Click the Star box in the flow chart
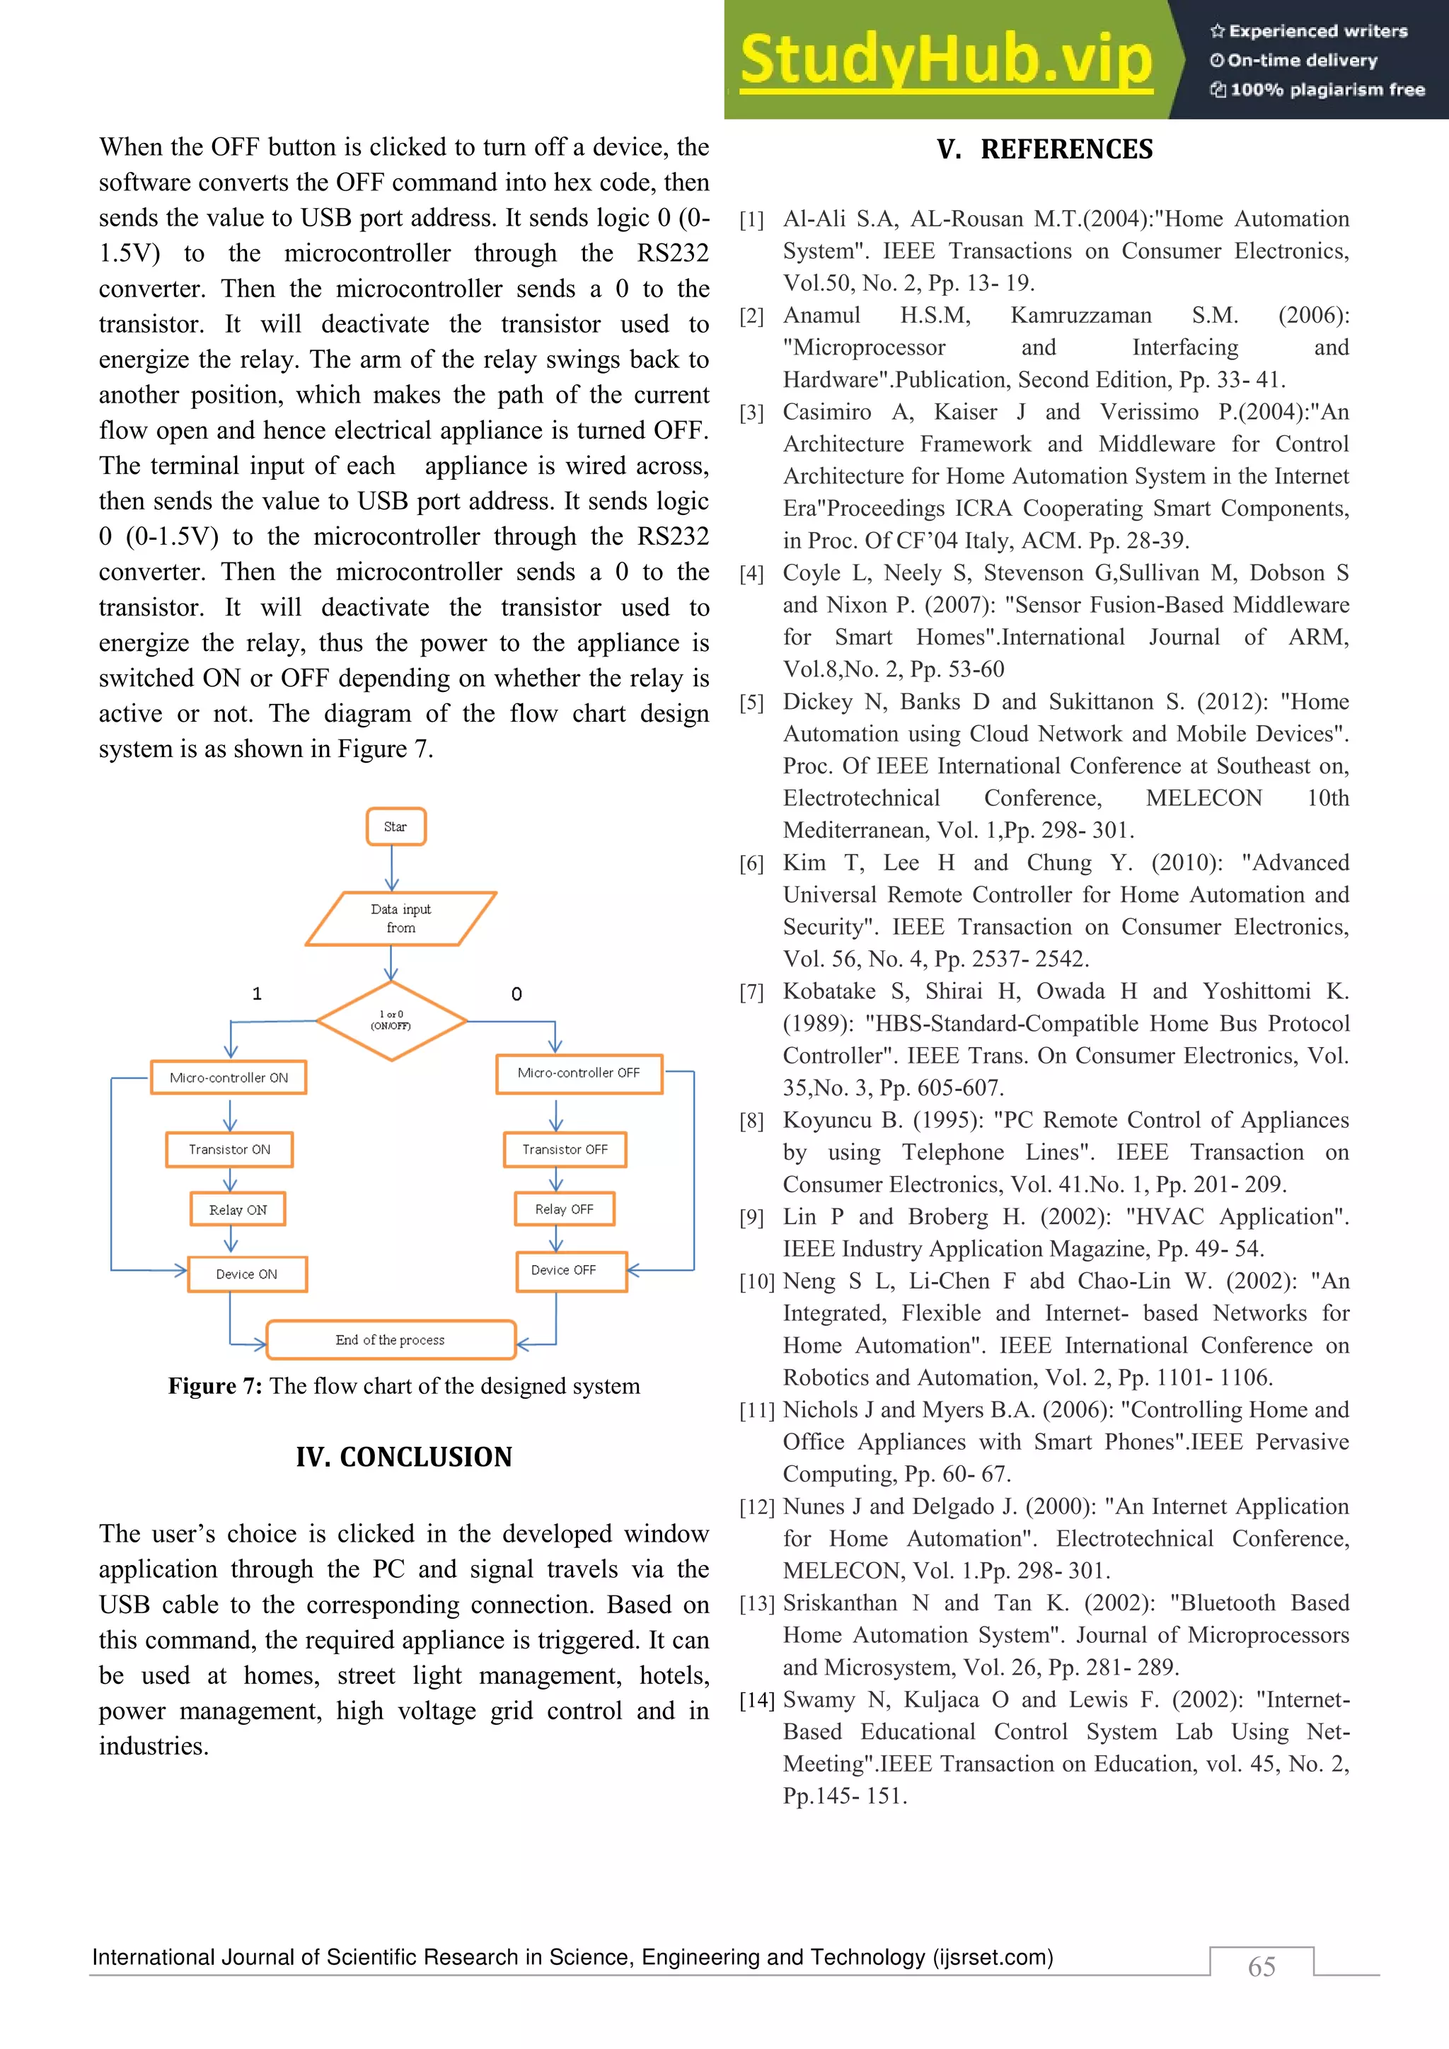click(396, 826)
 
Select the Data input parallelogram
click(400, 918)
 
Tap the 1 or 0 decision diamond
click(392, 1020)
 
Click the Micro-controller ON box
click(229, 1077)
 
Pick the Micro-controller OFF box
click(579, 1073)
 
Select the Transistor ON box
click(229, 1150)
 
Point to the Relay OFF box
click(564, 1209)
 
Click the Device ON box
click(246, 1274)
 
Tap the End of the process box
click(391, 1339)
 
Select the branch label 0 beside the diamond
click(516, 994)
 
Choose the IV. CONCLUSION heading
click(403, 1456)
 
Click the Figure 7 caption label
click(214, 1386)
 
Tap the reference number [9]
click(751, 1217)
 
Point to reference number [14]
click(756, 1700)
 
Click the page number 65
click(1262, 1967)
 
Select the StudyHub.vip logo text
click(946, 60)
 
